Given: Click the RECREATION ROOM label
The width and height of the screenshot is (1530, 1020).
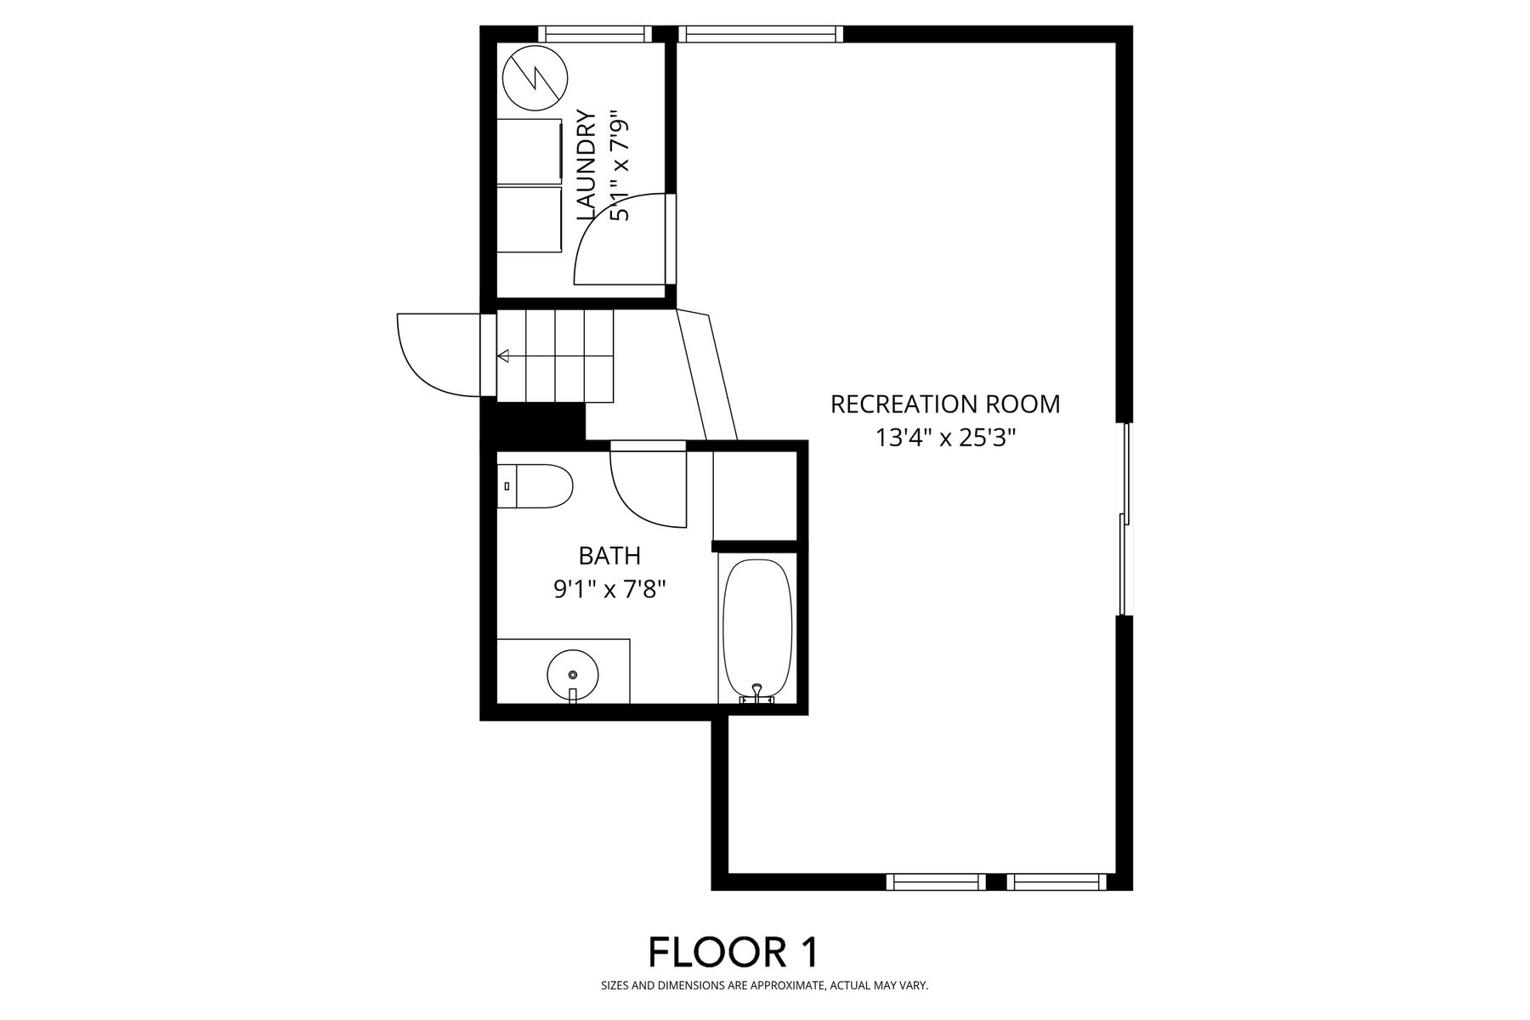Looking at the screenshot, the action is (x=945, y=404).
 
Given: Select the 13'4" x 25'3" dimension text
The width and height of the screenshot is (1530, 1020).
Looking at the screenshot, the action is (x=946, y=438).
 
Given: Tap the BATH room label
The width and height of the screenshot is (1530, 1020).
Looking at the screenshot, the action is (x=609, y=556).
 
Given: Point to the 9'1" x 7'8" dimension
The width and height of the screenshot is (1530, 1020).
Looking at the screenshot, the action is (x=609, y=589).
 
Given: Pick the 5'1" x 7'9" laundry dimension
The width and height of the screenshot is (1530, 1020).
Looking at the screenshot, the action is (x=620, y=166).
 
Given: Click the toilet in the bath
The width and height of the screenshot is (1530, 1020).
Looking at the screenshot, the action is (x=535, y=486).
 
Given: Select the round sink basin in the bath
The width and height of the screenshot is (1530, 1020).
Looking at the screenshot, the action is (x=572, y=674).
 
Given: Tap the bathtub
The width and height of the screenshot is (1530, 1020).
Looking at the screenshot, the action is (x=756, y=629).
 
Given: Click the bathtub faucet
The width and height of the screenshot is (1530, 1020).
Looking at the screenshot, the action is (x=756, y=693).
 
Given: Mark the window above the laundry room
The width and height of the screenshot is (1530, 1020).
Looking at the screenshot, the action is (x=595, y=34).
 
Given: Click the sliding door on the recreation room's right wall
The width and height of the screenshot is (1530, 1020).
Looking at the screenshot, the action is (x=1125, y=518).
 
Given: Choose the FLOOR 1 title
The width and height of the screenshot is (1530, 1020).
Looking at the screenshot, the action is (x=734, y=952).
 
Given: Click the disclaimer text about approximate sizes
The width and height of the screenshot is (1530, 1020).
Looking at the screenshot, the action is (x=765, y=986).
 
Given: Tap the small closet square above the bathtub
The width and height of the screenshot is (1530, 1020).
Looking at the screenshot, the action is (x=755, y=495).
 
